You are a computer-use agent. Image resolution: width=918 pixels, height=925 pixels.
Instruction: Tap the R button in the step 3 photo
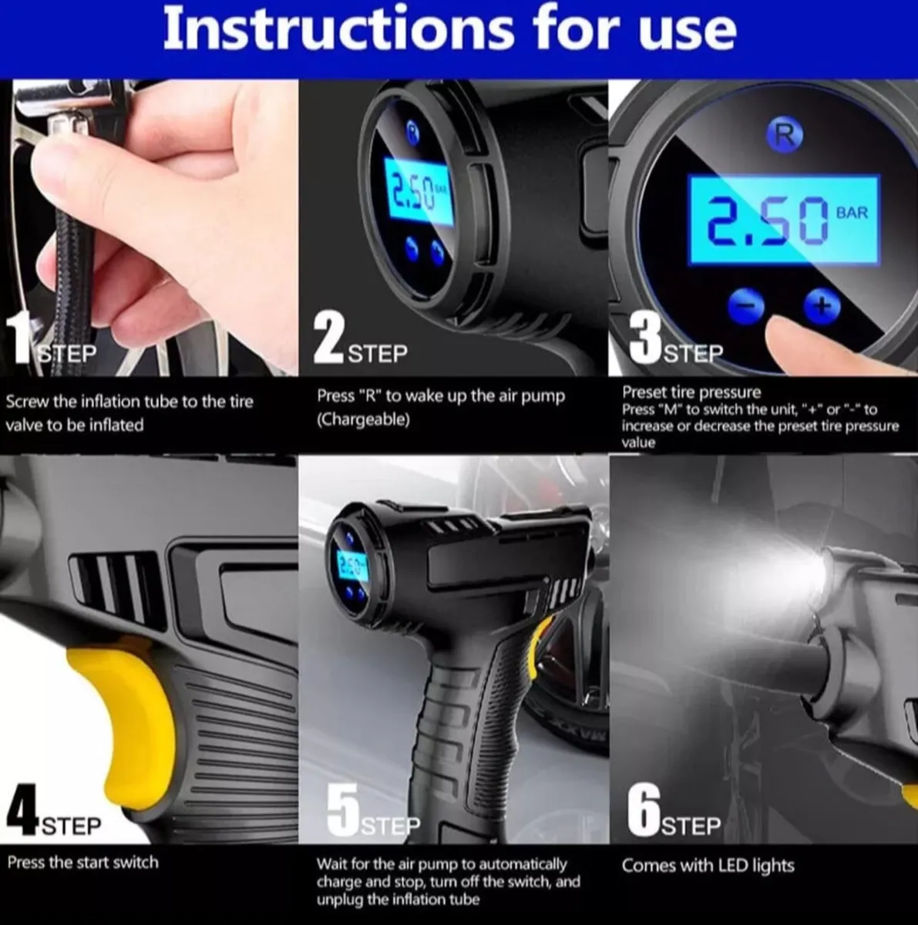[785, 136]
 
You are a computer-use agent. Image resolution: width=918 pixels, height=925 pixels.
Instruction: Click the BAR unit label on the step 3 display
[852, 213]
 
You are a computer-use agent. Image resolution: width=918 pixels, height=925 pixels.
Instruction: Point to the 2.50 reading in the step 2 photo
[413, 192]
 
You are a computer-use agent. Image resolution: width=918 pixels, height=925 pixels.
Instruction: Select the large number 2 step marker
[330, 338]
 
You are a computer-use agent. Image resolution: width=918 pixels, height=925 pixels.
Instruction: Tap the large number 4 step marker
[22, 810]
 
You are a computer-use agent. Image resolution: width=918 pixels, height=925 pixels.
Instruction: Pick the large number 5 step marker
[343, 810]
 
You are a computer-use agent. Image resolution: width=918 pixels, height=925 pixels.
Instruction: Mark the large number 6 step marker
[644, 810]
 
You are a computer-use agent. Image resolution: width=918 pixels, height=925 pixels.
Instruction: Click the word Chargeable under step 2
[364, 419]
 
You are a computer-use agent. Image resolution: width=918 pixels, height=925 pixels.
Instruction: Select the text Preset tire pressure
[691, 392]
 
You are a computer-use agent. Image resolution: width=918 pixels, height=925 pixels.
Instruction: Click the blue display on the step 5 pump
[351, 563]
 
